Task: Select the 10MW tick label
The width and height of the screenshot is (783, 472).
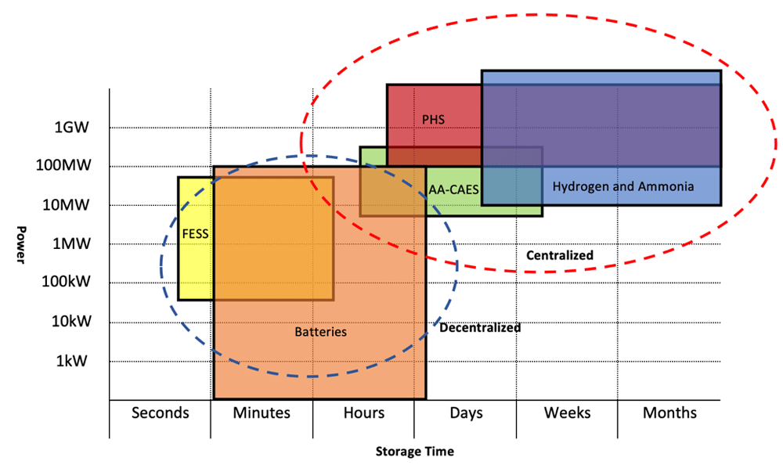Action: (x=67, y=205)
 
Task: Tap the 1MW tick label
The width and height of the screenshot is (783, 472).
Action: (x=70, y=244)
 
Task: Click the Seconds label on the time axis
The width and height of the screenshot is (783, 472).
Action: (x=161, y=413)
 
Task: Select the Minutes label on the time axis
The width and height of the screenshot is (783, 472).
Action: (x=262, y=413)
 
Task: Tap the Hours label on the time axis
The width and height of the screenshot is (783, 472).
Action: (x=364, y=413)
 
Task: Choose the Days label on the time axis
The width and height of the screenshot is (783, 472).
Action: (x=466, y=413)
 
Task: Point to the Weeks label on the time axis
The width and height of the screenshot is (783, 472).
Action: (x=568, y=413)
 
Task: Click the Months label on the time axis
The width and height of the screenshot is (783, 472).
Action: (x=669, y=413)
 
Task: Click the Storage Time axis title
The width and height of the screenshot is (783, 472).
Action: (x=414, y=452)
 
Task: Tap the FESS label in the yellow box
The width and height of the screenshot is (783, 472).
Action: (x=195, y=233)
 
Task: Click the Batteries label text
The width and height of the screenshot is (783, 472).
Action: (x=320, y=332)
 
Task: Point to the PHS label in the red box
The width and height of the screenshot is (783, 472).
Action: (x=434, y=120)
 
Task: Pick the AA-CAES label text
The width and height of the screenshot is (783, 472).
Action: (x=454, y=189)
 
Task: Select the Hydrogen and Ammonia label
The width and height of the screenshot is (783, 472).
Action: (x=622, y=187)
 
